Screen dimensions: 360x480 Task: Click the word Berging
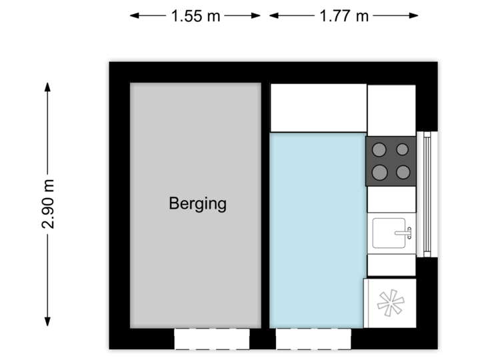(x=197, y=203)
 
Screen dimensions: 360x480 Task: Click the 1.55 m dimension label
(x=195, y=16)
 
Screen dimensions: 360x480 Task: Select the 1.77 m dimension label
(x=344, y=16)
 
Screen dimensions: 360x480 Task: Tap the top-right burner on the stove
(x=403, y=150)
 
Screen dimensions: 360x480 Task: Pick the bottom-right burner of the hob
(x=403, y=173)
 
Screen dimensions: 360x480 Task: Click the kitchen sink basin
(x=390, y=233)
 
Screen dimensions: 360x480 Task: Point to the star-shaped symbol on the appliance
(x=391, y=304)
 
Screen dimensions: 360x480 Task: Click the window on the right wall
(x=427, y=193)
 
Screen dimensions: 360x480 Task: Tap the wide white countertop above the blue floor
(x=318, y=107)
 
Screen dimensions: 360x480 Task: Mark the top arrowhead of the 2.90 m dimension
(x=47, y=85)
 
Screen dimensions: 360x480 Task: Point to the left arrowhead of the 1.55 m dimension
(x=133, y=16)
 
